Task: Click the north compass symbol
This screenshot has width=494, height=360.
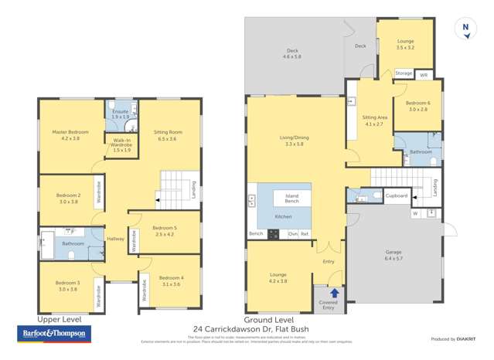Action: point(465,26)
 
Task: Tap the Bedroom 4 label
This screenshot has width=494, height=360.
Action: point(171,280)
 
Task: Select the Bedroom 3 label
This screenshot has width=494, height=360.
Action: point(68,286)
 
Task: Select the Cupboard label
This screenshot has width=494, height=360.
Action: point(396,196)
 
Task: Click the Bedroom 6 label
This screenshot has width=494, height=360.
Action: point(418,106)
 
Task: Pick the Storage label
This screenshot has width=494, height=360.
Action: point(404,73)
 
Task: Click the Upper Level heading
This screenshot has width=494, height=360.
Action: point(59,319)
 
